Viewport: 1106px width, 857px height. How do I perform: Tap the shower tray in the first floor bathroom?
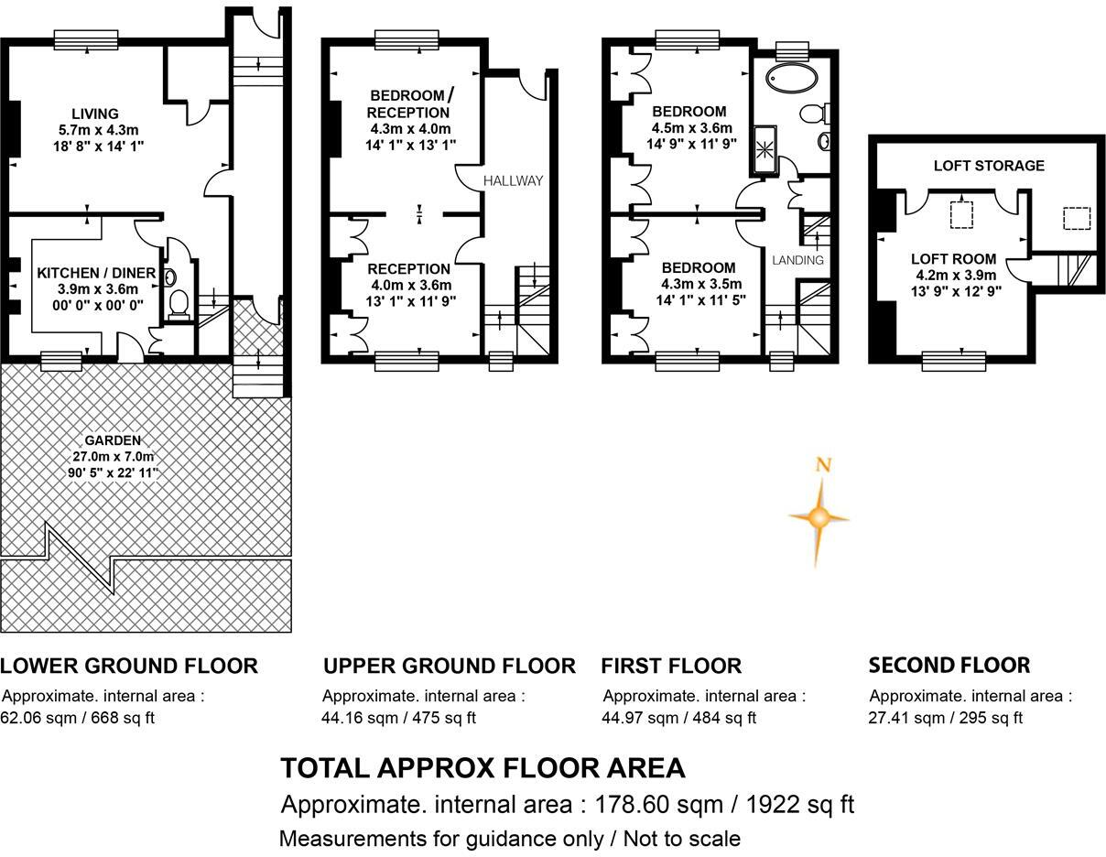pyautogui.click(x=764, y=149)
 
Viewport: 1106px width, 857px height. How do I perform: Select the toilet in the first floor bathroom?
pyautogui.click(x=815, y=114)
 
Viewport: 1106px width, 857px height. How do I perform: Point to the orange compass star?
pyautogui.click(x=819, y=518)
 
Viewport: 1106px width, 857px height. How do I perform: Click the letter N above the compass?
pyautogui.click(x=823, y=464)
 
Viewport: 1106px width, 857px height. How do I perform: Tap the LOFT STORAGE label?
pyautogui.click(x=989, y=166)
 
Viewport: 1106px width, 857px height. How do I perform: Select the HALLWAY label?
pyautogui.click(x=513, y=180)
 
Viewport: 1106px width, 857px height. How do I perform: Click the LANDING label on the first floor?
pyautogui.click(x=797, y=260)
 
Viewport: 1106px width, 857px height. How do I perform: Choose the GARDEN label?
pyautogui.click(x=113, y=440)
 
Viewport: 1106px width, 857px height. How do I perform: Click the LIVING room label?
pyautogui.click(x=95, y=114)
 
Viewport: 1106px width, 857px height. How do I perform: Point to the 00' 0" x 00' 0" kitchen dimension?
pyautogui.click(x=98, y=305)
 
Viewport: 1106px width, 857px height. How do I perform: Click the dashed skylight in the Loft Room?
pyautogui.click(x=961, y=215)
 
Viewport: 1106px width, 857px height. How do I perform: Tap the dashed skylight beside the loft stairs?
pyautogui.click(x=1077, y=218)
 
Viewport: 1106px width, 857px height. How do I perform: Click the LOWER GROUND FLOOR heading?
pyautogui.click(x=129, y=666)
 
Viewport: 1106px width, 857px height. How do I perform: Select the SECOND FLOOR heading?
pyautogui.click(x=949, y=665)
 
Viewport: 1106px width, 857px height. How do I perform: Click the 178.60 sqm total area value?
pyautogui.click(x=658, y=805)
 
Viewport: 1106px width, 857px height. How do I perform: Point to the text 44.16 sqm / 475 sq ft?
pyautogui.click(x=398, y=718)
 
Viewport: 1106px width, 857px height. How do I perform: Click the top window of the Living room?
pyautogui.click(x=86, y=39)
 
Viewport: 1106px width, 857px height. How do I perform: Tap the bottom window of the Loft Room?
pyautogui.click(x=954, y=362)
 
